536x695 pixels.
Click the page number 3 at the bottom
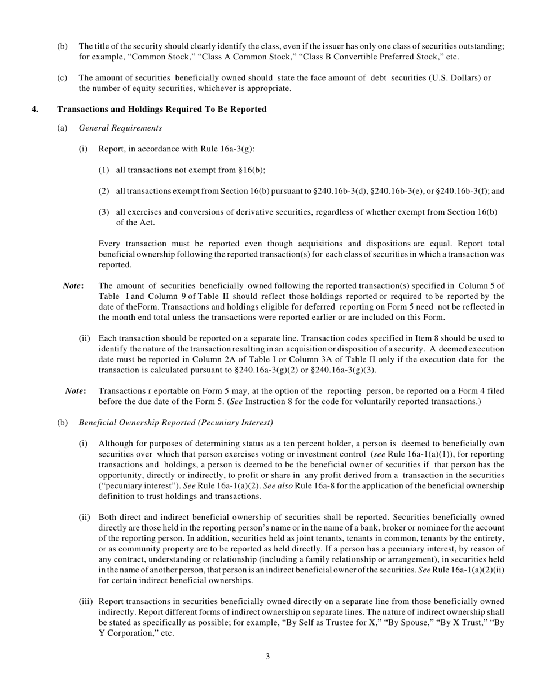click(267, 657)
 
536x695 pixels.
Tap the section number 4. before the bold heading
click(35, 109)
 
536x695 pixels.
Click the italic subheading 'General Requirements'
click(120, 128)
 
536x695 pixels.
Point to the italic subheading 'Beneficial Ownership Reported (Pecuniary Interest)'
click(176, 423)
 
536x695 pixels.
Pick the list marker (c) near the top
click(62, 77)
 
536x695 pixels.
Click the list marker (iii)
click(86, 602)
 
